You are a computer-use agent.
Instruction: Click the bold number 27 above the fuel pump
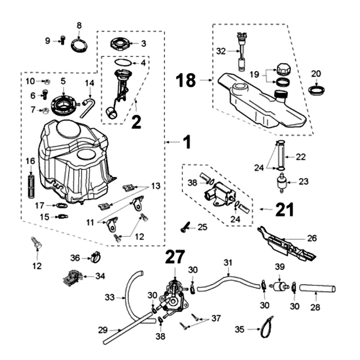pyautogui.click(x=175, y=257)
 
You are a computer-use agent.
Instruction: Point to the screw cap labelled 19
pyautogui.click(x=284, y=69)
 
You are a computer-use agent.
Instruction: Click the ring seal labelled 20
pyautogui.click(x=317, y=90)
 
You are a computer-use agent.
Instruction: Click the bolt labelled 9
pyautogui.click(x=63, y=40)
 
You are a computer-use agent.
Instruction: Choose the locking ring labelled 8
pyautogui.click(x=80, y=45)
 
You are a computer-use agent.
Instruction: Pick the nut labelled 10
pyautogui.click(x=46, y=82)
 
